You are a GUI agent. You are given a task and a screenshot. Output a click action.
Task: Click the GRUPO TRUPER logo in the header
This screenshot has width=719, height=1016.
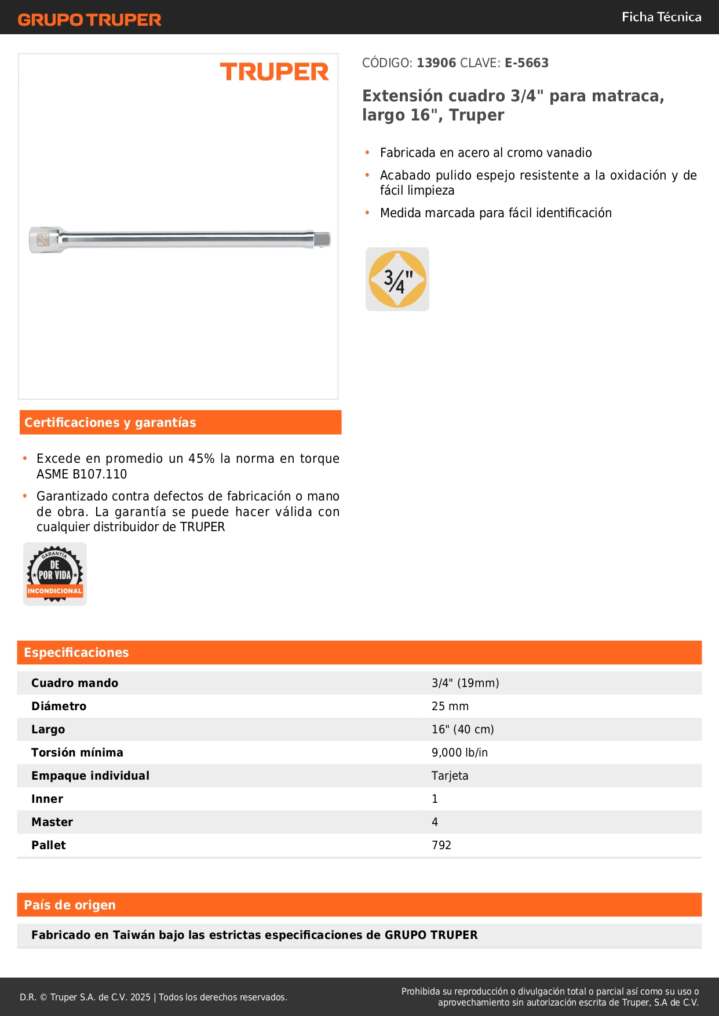[x=89, y=20]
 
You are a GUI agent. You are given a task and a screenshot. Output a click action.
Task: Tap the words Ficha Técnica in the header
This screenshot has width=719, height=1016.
[x=661, y=17]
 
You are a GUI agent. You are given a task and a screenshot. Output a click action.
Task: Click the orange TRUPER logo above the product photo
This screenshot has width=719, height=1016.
[x=274, y=72]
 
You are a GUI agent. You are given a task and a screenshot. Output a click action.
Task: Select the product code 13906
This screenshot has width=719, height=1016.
[x=436, y=63]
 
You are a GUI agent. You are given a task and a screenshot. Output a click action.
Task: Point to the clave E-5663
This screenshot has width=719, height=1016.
[x=526, y=63]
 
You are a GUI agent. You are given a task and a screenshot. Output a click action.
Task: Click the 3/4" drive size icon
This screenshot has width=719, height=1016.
[x=397, y=279]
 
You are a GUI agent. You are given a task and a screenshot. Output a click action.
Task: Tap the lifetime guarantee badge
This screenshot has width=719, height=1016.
[x=55, y=574]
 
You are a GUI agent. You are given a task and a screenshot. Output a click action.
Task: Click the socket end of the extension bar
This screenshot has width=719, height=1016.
[x=45, y=239]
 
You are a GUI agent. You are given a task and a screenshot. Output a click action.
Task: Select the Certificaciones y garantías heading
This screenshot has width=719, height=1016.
[x=110, y=422]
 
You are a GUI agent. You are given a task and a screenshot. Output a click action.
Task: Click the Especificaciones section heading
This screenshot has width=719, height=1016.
[x=76, y=652]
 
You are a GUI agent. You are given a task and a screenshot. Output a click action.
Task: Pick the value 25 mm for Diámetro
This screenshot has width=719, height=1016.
[x=450, y=706]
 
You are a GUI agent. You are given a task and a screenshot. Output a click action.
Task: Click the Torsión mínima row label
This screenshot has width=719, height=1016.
[x=77, y=752]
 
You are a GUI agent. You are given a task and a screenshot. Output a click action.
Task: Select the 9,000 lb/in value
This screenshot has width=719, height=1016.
[x=459, y=752]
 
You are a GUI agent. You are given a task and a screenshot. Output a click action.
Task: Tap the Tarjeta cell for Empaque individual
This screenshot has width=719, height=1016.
[x=450, y=776]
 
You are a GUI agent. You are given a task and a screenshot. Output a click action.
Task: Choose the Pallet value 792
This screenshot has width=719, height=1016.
[x=441, y=845]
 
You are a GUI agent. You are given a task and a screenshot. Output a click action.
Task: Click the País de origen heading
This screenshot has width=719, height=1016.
[x=70, y=905]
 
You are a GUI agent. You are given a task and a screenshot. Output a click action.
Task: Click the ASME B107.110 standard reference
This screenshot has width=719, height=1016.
[x=82, y=474]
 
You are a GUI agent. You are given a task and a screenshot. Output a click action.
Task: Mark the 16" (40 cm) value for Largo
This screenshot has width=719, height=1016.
[x=462, y=729]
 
